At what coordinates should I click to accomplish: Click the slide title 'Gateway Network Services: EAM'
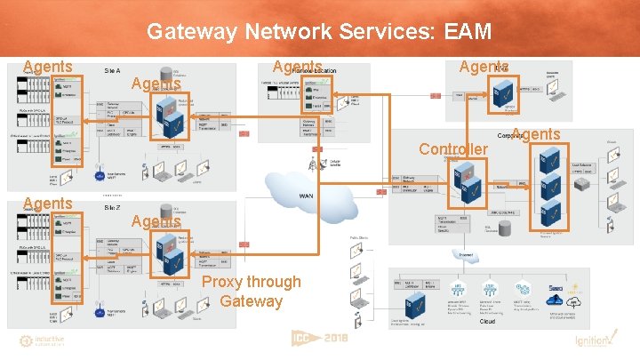pyautogui.click(x=319, y=33)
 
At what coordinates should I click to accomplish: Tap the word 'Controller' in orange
pyautogui.click(x=453, y=148)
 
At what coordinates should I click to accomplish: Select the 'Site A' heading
pyautogui.click(x=113, y=69)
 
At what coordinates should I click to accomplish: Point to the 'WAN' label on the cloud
pyautogui.click(x=306, y=196)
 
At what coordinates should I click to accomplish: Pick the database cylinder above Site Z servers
pyautogui.click(x=166, y=210)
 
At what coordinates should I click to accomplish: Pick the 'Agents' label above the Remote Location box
pyautogui.click(x=298, y=67)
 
